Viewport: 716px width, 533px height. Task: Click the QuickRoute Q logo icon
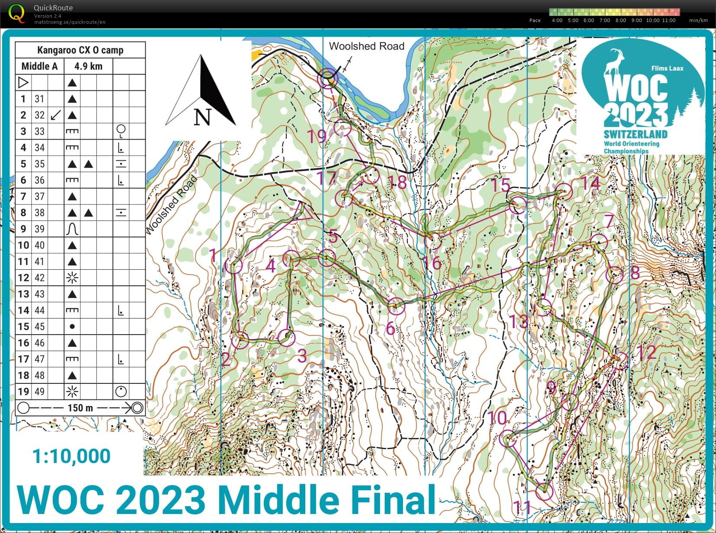tap(16, 13)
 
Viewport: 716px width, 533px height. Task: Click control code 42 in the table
tap(39, 278)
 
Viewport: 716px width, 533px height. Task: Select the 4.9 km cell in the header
tap(88, 66)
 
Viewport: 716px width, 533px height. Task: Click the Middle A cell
tap(39, 66)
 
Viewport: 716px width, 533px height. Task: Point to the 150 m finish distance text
tap(80, 408)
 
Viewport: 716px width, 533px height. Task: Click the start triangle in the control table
tap(23, 82)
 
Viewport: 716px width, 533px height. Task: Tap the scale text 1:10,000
tap(71, 456)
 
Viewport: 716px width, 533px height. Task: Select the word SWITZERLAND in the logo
tap(635, 134)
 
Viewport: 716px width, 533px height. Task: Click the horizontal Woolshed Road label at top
tap(366, 46)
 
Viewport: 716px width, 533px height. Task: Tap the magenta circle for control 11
tap(544, 492)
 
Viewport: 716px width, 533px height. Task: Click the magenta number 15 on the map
tap(500, 185)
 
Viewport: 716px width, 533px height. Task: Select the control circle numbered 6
tap(396, 306)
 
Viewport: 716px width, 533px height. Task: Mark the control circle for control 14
tap(564, 191)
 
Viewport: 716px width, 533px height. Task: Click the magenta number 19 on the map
tap(316, 136)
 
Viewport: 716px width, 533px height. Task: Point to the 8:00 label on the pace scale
tap(620, 20)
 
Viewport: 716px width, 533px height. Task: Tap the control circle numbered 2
tap(240, 340)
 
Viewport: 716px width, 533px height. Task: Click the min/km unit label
tap(698, 20)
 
